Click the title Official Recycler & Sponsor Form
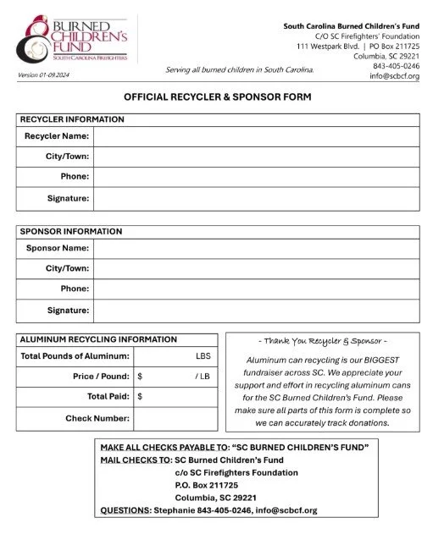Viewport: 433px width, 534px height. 218,97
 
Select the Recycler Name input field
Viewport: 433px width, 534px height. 255,136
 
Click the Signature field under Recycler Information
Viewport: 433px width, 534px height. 255,198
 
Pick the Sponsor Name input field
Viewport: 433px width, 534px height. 255,248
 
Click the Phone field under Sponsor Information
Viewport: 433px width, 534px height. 255,289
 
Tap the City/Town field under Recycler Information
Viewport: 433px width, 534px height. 255,157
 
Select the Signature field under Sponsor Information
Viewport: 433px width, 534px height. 255,311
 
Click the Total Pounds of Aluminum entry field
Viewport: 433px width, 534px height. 165,356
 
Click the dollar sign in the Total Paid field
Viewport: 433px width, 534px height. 140,395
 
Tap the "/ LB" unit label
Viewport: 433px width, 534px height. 202,376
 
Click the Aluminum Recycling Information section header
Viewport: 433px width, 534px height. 98,339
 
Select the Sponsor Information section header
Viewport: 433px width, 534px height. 71,231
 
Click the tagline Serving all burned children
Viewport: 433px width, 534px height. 239,69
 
